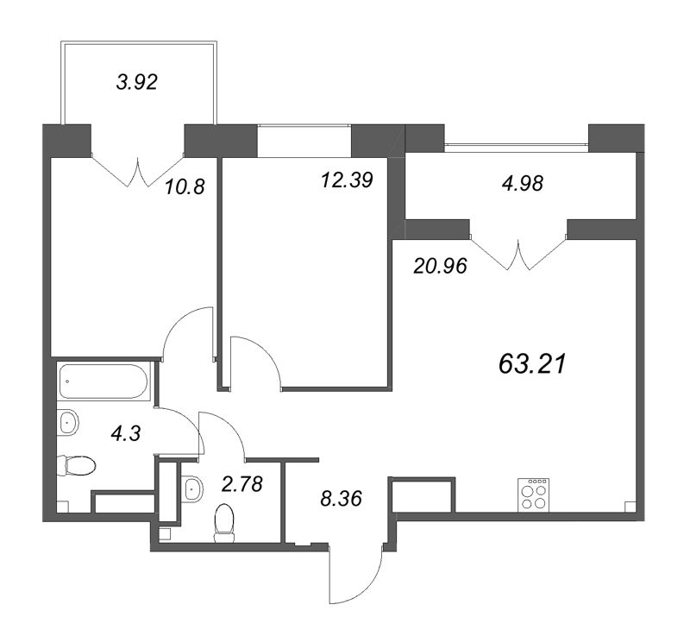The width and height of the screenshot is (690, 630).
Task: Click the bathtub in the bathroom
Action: pyautogui.click(x=104, y=381)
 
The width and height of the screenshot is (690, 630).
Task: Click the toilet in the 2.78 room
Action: pyautogui.click(x=225, y=522)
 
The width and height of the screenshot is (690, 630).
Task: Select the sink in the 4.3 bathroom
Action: pyautogui.click(x=69, y=422)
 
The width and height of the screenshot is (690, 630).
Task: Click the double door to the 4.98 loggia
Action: pyautogui.click(x=518, y=255)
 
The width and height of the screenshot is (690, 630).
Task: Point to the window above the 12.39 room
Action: pyautogui.click(x=304, y=142)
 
